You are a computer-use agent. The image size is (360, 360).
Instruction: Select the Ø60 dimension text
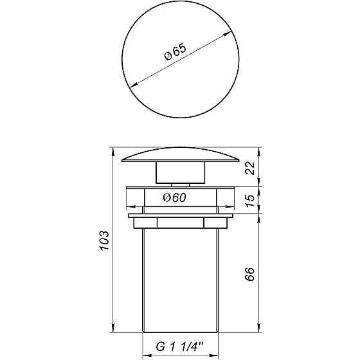pyautogui.click(x=175, y=198)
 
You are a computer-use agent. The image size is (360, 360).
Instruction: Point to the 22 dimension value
pyautogui.click(x=251, y=168)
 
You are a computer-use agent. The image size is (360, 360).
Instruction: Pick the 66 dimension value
pyautogui.click(x=251, y=274)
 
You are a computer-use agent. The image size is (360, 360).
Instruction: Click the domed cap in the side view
pyautogui.click(x=179, y=156)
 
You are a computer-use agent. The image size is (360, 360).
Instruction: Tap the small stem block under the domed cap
pyautogui.click(x=179, y=172)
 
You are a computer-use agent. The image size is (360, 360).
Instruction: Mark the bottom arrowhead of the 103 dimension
pyautogui.click(x=113, y=330)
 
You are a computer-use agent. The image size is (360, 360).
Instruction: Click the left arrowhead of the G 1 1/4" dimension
pyautogui.click(x=145, y=352)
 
